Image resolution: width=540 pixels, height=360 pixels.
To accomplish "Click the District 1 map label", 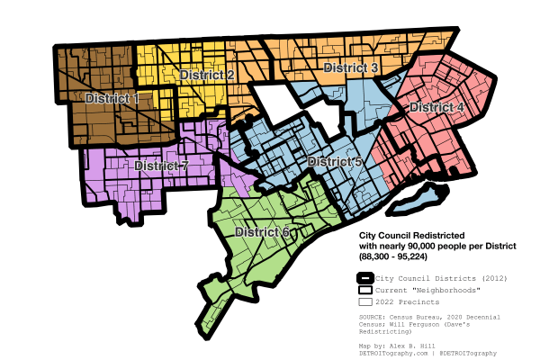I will pyautogui.click(x=112, y=98).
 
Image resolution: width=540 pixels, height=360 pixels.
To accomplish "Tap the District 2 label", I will pyautogui.click(x=208, y=75).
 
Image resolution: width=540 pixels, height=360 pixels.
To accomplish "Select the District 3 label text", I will pyautogui.click(x=350, y=67).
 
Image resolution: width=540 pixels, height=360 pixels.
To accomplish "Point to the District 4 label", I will pyautogui.click(x=436, y=108).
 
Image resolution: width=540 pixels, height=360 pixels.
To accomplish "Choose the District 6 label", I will pyautogui.click(x=262, y=232).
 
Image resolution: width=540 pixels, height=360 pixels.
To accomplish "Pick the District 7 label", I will pyautogui.click(x=161, y=166).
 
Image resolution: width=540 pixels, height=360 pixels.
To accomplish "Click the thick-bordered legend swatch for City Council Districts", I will pyautogui.click(x=364, y=278).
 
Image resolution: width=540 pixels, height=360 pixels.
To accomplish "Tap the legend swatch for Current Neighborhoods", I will pyautogui.click(x=364, y=290).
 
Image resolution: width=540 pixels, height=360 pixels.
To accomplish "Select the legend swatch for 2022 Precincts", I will pyautogui.click(x=364, y=301).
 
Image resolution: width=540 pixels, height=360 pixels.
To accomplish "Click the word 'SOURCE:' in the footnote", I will pyautogui.click(x=374, y=317).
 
